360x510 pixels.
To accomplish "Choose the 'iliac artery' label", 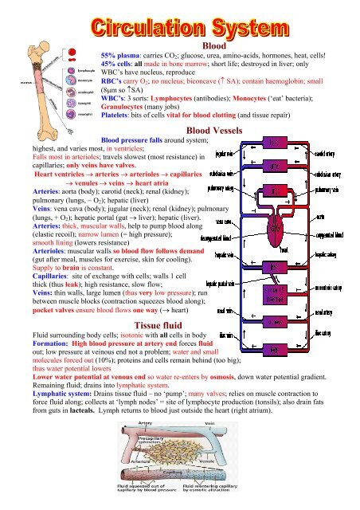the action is [325, 332].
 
